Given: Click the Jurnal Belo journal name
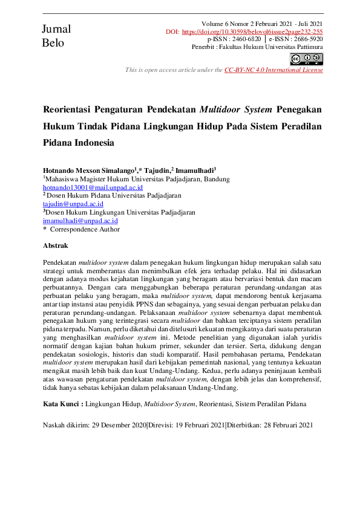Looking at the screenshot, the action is coord(56,36).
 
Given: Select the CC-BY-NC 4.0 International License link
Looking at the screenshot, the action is coord(273,70).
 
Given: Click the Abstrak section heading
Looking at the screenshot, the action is coord(56,246).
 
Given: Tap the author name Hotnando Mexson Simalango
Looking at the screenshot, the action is coord(89,170).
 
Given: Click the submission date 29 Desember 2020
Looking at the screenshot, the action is coord(119,425).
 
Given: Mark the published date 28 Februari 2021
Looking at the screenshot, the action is coord(287,425).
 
